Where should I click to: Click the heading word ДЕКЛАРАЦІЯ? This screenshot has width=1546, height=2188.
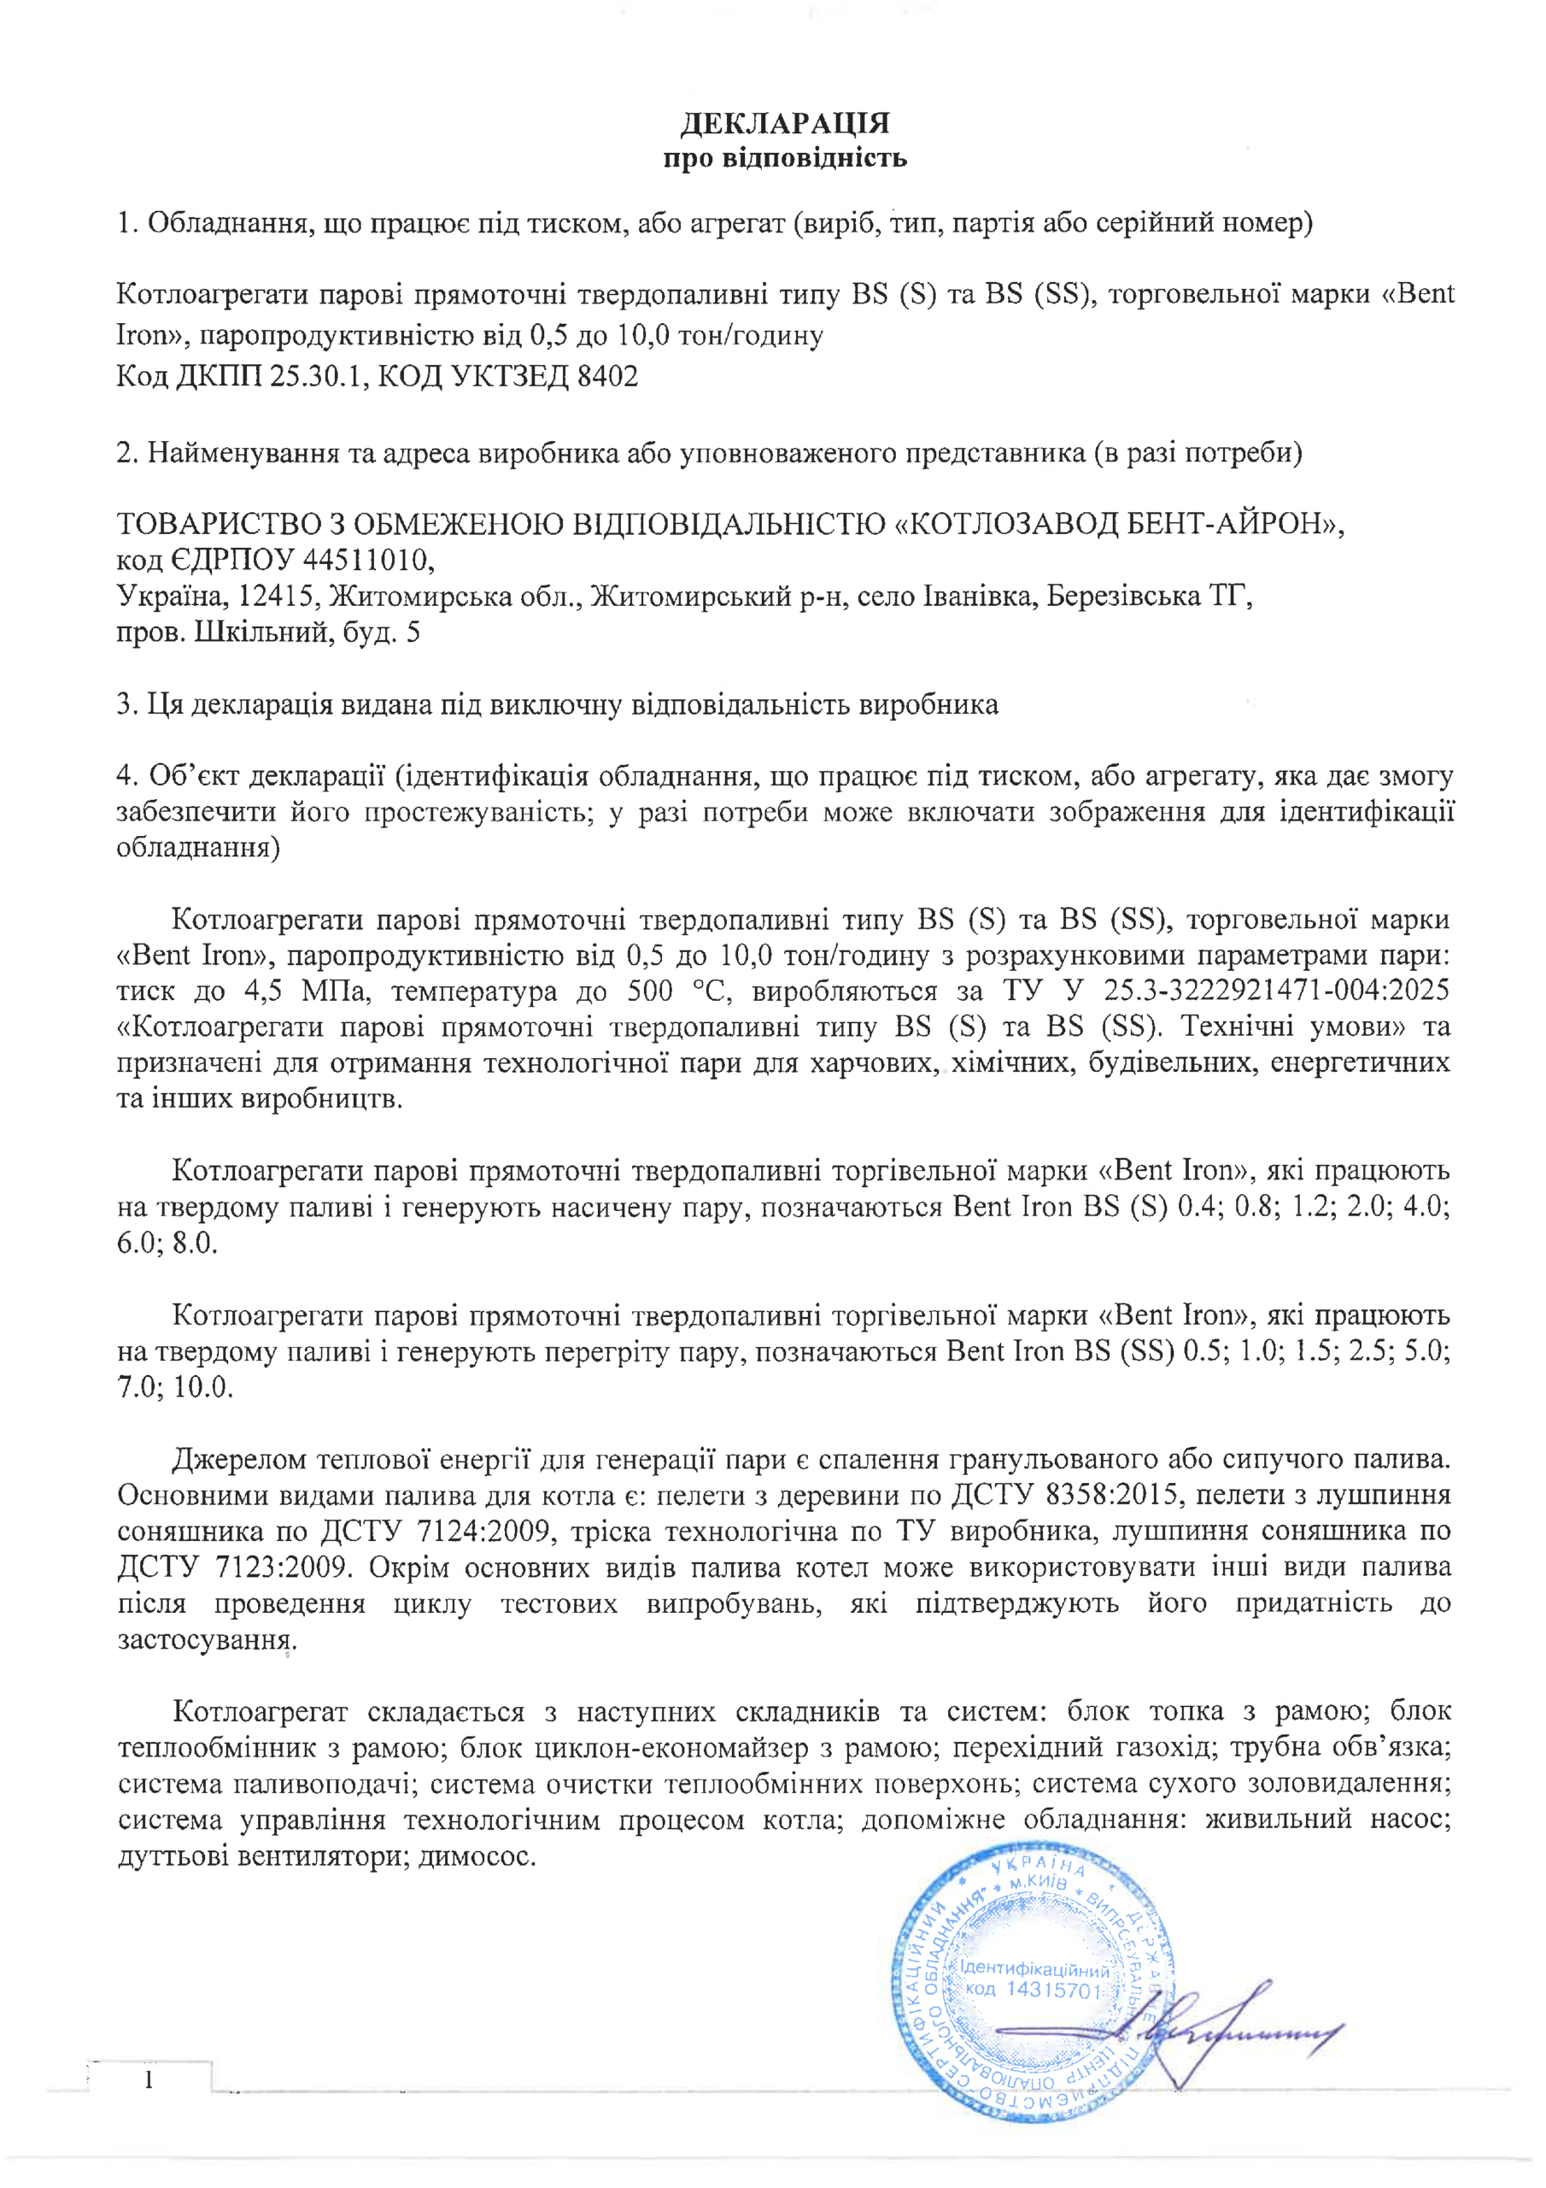point(784,123)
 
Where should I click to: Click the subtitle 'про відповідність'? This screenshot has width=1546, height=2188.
point(784,157)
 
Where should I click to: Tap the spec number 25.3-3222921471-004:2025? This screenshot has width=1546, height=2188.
point(1275,991)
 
